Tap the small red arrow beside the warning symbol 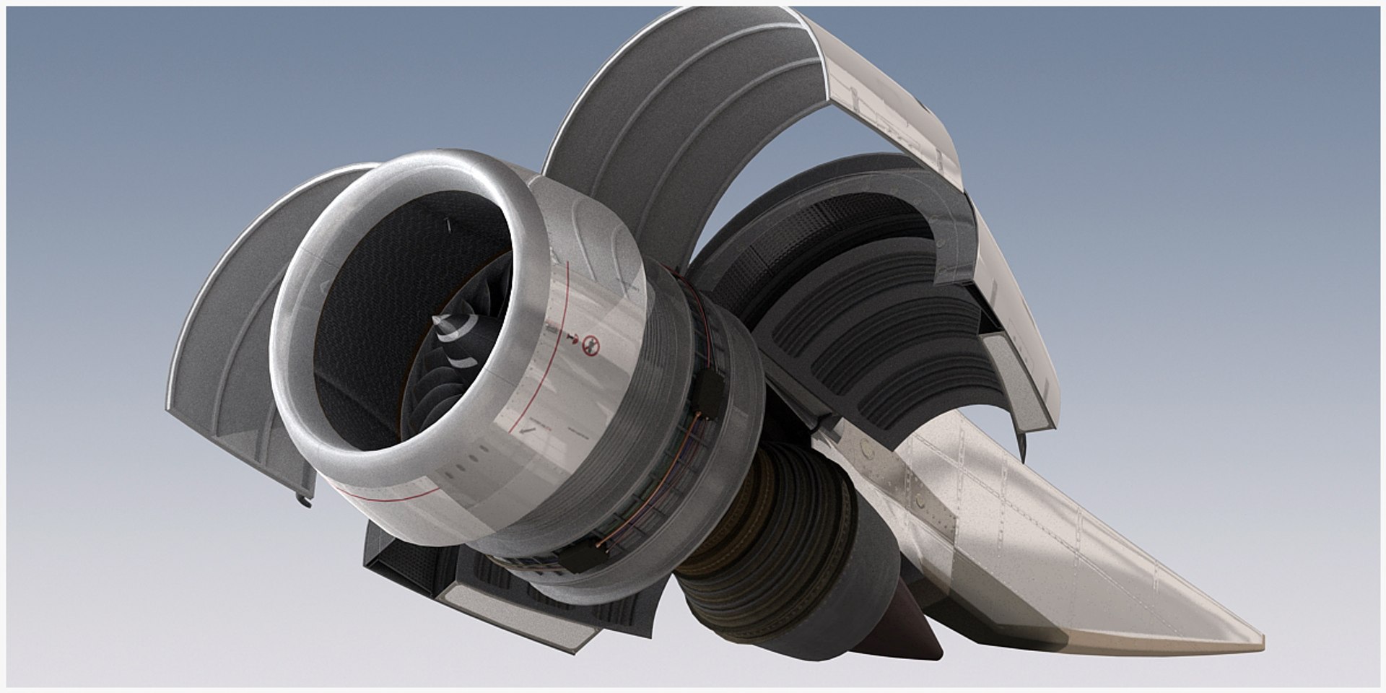click(575, 337)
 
